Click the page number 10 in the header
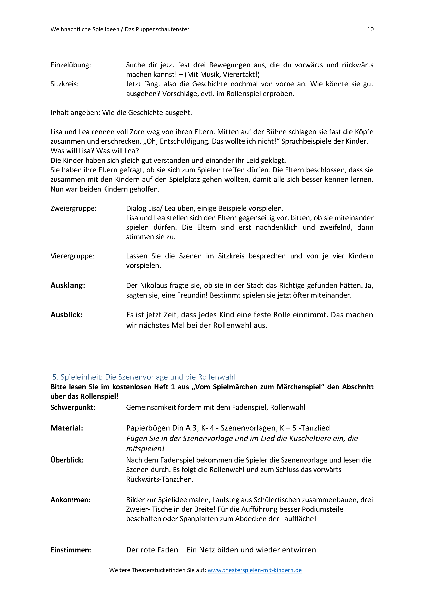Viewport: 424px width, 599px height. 370,29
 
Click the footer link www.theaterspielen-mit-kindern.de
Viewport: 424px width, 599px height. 255,570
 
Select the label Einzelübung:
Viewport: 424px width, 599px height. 71,65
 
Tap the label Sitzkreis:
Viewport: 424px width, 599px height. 65,84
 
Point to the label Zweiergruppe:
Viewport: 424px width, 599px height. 73,208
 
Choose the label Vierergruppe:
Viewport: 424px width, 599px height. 72,256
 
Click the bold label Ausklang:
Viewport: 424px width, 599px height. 68,285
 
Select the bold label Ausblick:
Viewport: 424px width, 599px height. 66,315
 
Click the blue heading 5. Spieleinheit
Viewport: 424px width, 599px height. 144,377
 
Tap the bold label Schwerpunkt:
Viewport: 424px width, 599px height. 73,407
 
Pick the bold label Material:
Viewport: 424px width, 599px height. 67,428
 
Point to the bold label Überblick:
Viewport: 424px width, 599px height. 67,460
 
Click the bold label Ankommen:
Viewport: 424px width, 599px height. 70,500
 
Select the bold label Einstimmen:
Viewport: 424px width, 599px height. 71,550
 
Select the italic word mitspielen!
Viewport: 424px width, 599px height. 145,449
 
